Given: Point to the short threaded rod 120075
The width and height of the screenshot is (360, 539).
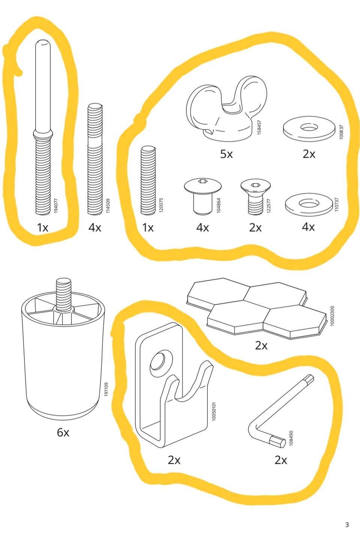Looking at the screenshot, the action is point(148,180).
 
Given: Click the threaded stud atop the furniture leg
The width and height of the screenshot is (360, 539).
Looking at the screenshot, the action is point(64,295).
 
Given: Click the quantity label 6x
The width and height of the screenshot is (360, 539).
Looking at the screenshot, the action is point(63,433).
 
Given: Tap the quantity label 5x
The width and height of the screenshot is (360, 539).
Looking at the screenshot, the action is point(226,154).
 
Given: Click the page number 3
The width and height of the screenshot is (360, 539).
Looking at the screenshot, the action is point(347,525).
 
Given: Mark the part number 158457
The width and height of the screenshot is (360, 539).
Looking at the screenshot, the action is point(259,127).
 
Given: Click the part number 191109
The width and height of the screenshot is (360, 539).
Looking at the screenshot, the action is point(106,389).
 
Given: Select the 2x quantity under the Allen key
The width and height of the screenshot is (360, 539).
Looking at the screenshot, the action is point(281,460).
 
